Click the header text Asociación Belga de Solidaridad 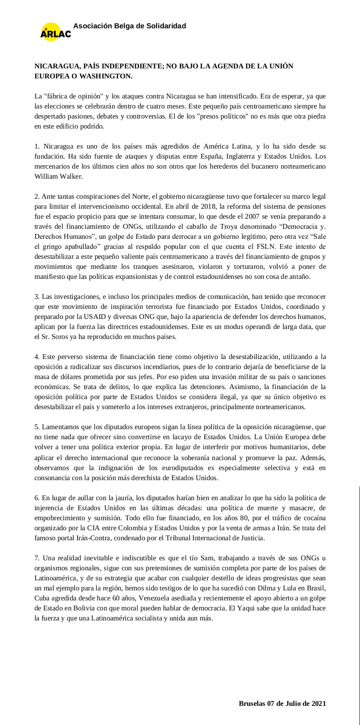click(129, 26)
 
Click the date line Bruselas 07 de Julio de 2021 click(282, 704)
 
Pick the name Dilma click(270, 588)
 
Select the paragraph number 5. click(37, 427)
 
